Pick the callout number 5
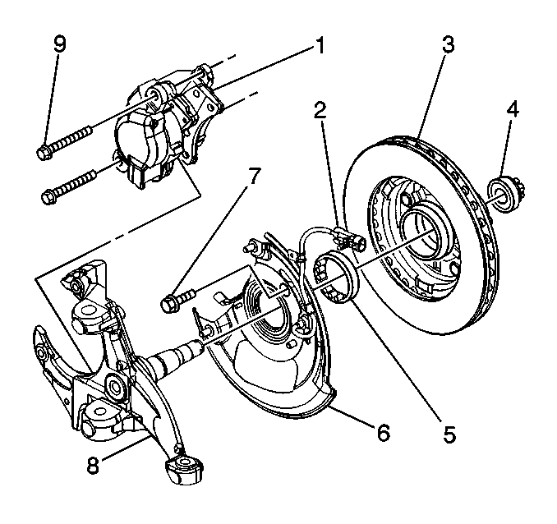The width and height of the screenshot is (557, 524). pos(447,433)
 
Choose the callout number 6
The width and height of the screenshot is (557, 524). pos(381,431)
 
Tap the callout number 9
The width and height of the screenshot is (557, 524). pos(58,44)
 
